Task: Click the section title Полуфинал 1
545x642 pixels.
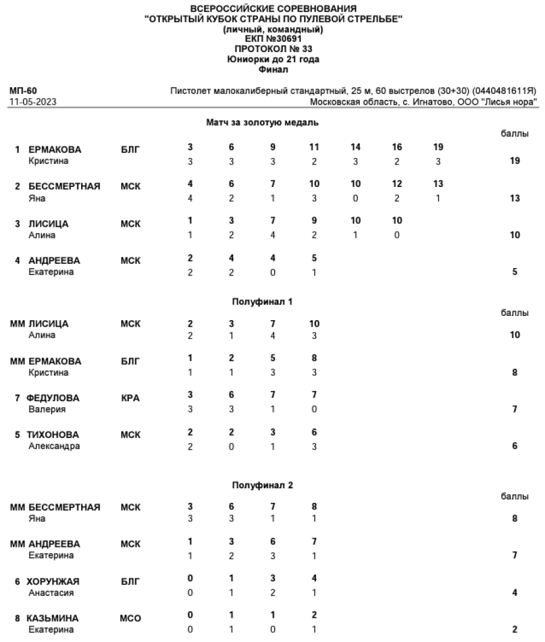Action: [262, 301]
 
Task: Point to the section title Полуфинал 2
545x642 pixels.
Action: [262, 485]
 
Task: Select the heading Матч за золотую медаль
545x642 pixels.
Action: [262, 122]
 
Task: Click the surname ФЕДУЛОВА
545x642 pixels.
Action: [53, 398]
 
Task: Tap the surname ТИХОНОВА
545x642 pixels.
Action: [53, 434]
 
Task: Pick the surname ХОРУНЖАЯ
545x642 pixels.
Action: [53, 581]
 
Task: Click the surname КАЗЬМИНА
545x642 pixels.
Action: [53, 618]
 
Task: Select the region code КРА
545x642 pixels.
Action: [130, 398]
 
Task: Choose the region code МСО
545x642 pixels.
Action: [131, 618]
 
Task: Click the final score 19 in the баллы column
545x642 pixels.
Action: [515, 162]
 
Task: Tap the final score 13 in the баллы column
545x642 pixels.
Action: [515, 198]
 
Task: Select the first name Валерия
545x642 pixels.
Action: [47, 410]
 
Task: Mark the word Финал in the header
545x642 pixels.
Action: [272, 70]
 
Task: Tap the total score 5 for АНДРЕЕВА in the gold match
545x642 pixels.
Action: [515, 272]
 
